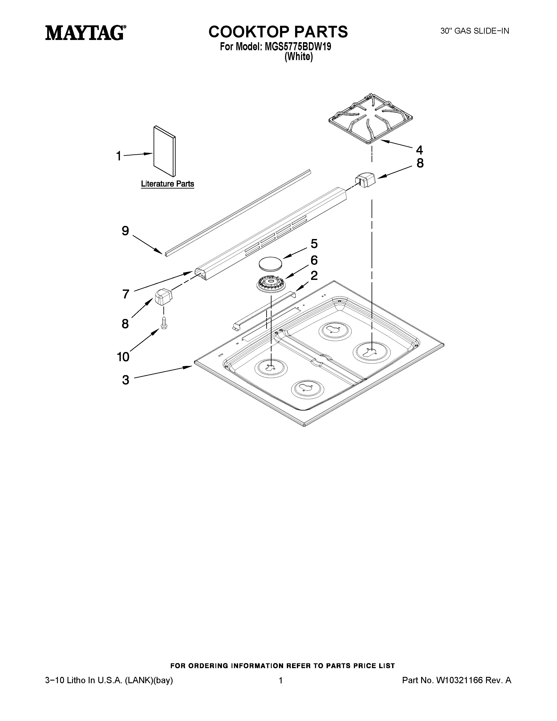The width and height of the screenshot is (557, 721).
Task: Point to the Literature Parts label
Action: point(167,184)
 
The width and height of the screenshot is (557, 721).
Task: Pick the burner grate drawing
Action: point(370,119)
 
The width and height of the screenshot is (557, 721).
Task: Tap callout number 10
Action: point(123,357)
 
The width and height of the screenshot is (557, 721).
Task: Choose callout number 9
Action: point(125,231)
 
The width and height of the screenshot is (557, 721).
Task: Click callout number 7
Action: point(125,294)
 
